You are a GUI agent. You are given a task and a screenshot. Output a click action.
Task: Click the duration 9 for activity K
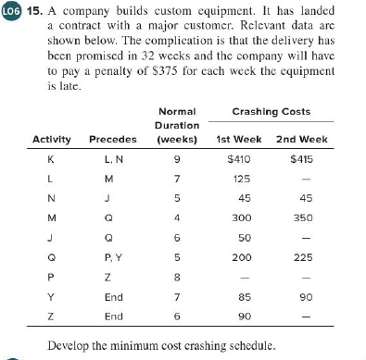(x=177, y=161)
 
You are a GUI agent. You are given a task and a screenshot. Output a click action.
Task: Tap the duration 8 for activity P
(x=177, y=278)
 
